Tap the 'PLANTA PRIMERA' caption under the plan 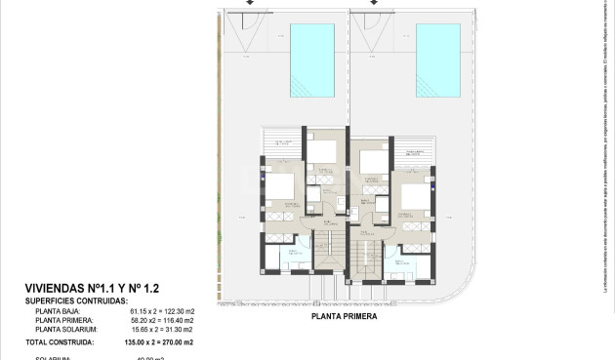tap(344, 316)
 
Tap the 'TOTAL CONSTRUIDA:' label tap(60, 342)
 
